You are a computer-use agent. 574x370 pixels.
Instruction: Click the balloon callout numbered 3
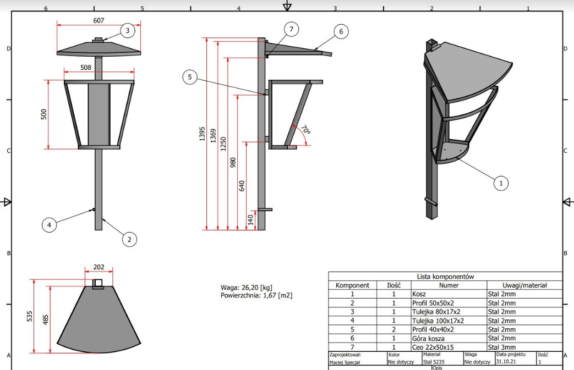click(x=127, y=31)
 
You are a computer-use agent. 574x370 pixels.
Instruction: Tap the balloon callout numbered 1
click(x=500, y=183)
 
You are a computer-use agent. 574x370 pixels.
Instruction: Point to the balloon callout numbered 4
click(x=49, y=224)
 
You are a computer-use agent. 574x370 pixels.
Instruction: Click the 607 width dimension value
click(x=99, y=20)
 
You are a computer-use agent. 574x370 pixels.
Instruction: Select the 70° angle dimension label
click(x=305, y=130)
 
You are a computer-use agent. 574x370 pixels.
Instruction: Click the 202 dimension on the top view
click(x=99, y=267)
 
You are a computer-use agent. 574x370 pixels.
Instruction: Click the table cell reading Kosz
click(x=419, y=294)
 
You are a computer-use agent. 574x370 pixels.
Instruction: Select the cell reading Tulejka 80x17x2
click(x=436, y=312)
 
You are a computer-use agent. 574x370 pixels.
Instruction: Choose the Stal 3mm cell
click(x=501, y=347)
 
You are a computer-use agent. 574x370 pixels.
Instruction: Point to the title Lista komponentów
click(x=445, y=277)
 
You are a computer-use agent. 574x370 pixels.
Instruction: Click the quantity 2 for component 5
click(x=393, y=329)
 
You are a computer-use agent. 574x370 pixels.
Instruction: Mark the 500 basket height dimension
click(x=45, y=114)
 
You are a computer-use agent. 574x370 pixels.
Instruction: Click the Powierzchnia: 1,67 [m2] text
click(x=256, y=295)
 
